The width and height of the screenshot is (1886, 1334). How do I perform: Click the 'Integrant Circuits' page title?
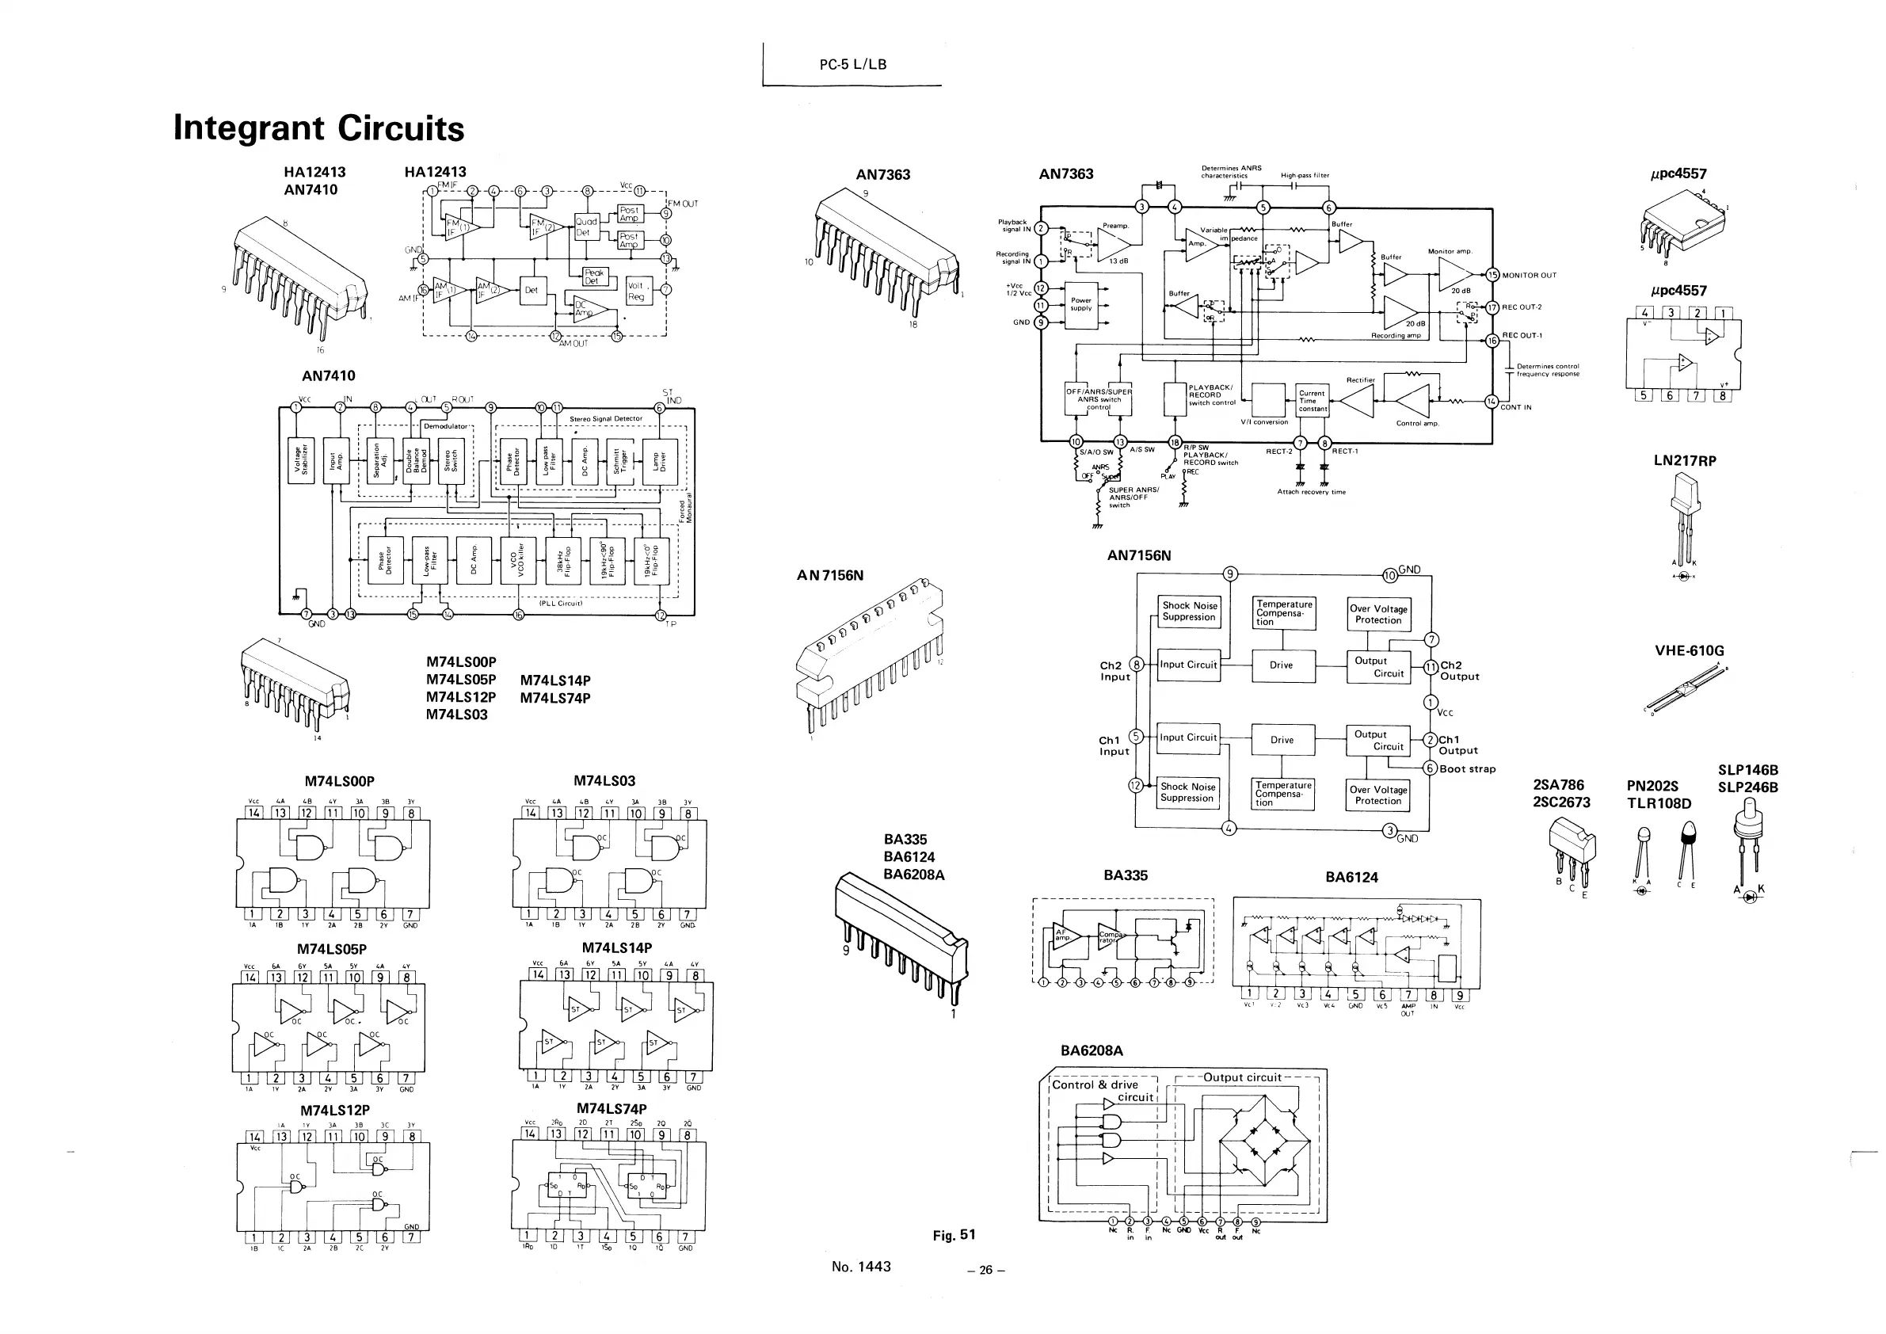click(x=318, y=128)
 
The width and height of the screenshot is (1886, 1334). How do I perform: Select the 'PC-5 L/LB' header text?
click(x=852, y=65)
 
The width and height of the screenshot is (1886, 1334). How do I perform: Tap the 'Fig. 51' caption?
click(x=954, y=1235)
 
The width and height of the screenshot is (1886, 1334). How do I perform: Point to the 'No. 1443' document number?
click(x=861, y=1267)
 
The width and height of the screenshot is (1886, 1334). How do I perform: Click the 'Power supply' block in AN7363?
click(x=1081, y=305)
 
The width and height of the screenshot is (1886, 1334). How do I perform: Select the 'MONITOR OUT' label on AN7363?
click(x=1529, y=276)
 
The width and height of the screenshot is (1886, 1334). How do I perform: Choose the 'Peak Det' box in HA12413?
click(x=593, y=276)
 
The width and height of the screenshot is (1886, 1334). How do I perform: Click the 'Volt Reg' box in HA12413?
click(x=637, y=292)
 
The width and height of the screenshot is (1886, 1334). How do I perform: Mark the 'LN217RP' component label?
click(x=1685, y=461)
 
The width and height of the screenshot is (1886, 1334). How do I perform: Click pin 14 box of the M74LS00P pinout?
click(x=253, y=814)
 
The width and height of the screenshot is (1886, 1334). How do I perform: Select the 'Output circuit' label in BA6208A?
click(x=1241, y=1077)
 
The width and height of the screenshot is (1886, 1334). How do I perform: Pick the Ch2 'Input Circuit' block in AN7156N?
click(x=1188, y=665)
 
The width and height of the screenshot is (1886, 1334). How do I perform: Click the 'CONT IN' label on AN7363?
click(x=1515, y=407)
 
